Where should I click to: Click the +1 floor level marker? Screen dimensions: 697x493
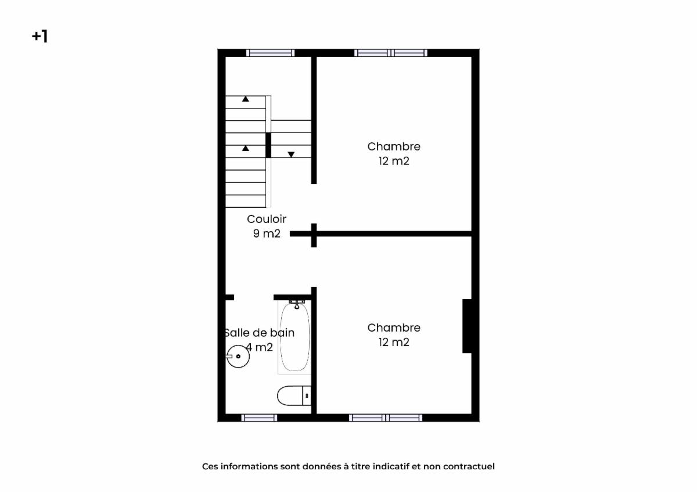[40, 37]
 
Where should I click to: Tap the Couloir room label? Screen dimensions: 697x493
[267, 219]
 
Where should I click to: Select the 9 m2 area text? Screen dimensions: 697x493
[267, 233]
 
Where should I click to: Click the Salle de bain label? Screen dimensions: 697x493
[259, 333]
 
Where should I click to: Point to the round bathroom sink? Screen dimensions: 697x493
[238, 357]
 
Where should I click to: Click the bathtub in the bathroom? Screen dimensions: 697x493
[294, 337]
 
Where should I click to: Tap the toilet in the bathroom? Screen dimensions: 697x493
[294, 395]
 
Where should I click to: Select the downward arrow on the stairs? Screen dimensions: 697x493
[291, 154]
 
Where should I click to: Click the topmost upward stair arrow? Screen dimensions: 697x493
[246, 99]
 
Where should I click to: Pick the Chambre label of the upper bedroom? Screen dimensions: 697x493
[394, 146]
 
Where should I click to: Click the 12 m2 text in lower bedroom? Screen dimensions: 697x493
[394, 342]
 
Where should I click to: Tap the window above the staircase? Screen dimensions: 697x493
[271, 53]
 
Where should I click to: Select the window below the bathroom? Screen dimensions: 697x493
[259, 418]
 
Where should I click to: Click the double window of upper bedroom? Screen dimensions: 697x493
[391, 53]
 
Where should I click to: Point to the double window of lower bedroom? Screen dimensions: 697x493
[386, 418]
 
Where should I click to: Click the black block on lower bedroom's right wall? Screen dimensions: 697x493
[467, 326]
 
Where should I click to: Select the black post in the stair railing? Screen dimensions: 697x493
[268, 145]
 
